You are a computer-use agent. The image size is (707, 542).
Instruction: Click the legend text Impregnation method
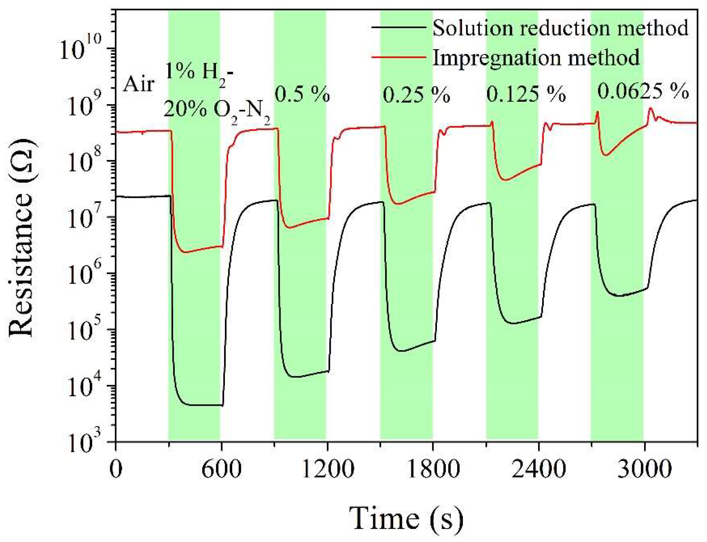point(536,58)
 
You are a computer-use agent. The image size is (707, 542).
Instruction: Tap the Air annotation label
point(139,85)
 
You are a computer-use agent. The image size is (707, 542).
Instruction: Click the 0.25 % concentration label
point(416,95)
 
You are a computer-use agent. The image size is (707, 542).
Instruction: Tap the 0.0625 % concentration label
point(643,91)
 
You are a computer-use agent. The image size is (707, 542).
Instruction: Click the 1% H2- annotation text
point(199,72)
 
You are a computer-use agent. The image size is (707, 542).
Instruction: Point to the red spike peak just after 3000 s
point(651,108)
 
